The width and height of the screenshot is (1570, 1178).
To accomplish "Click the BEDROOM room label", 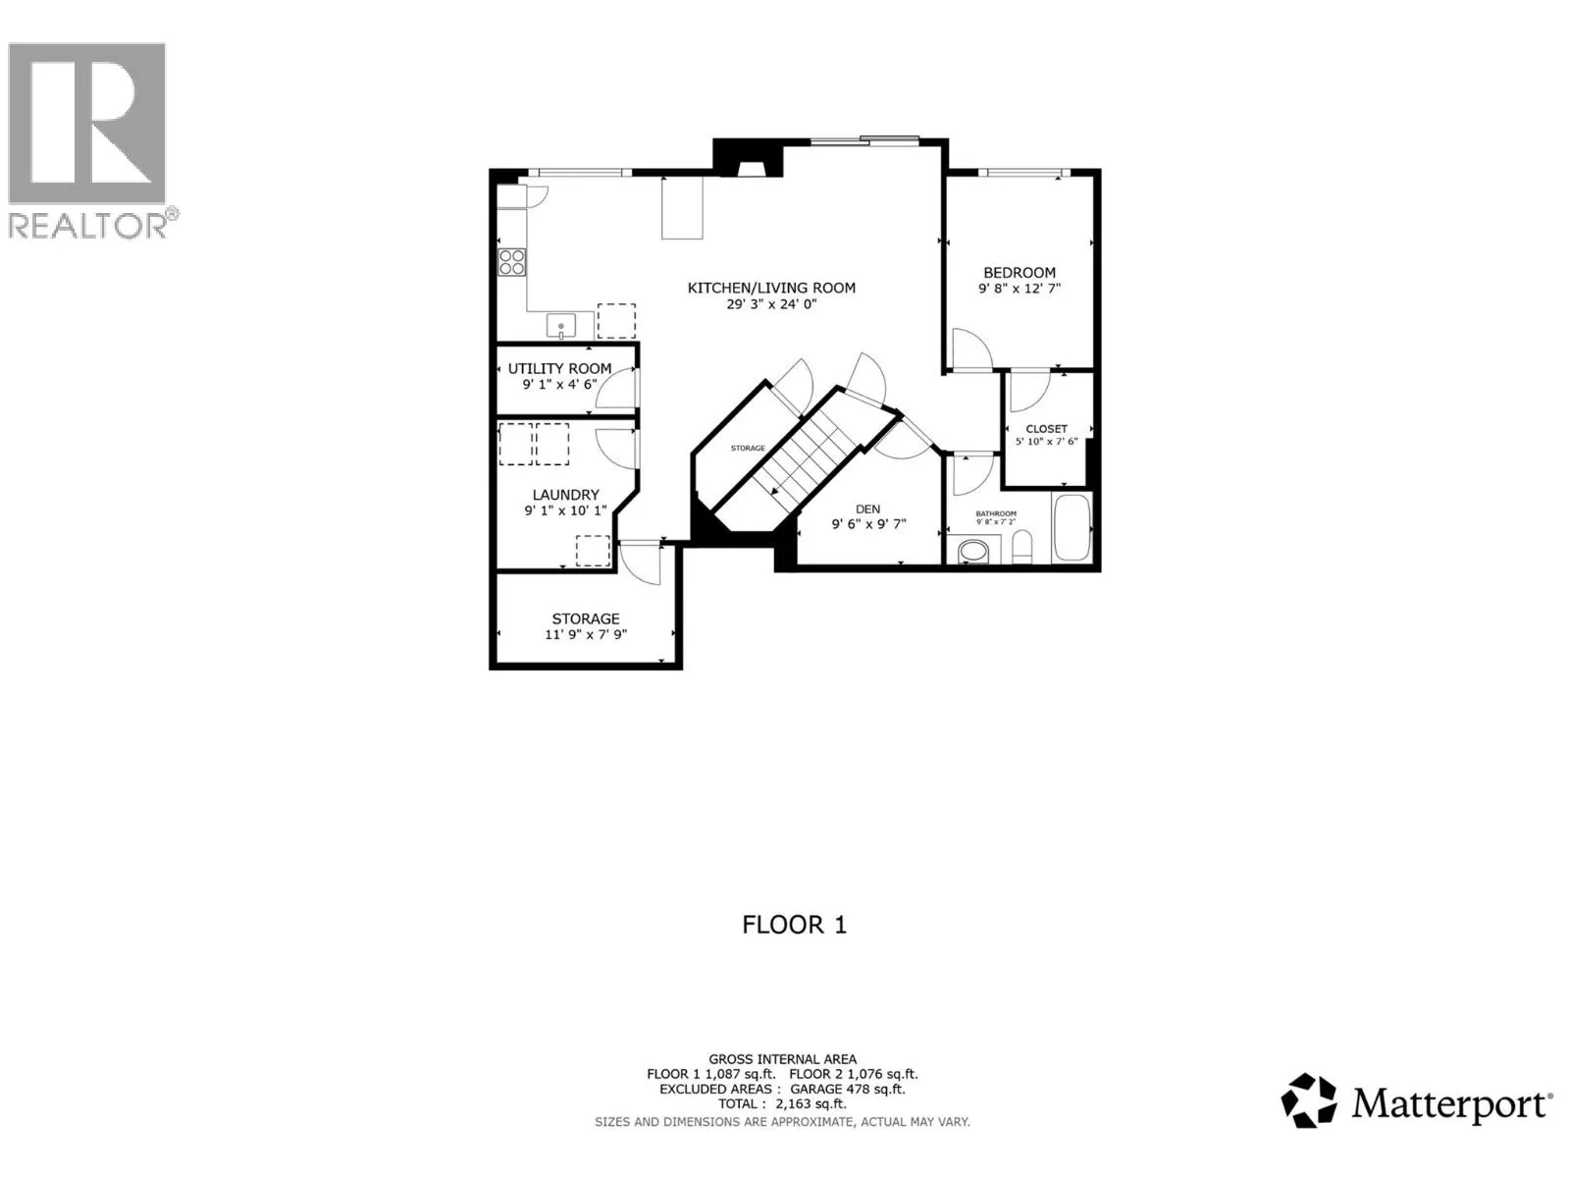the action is pyautogui.click(x=1019, y=273).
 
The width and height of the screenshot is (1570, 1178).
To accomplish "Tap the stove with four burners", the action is pyautogui.click(x=511, y=262).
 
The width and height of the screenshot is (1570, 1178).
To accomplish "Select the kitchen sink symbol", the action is pyautogui.click(x=560, y=326).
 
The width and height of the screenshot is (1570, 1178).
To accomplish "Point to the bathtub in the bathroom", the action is pyautogui.click(x=1072, y=528).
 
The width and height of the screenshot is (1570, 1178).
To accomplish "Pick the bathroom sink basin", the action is pyautogui.click(x=972, y=552).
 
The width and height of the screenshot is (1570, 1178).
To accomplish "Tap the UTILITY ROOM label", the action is pyautogui.click(x=559, y=368).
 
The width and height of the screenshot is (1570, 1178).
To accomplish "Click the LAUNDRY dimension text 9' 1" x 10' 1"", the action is pyautogui.click(x=565, y=510).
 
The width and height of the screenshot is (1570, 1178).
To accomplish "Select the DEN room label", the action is pyautogui.click(x=867, y=509).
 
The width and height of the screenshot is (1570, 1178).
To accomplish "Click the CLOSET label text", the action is pyautogui.click(x=1046, y=429).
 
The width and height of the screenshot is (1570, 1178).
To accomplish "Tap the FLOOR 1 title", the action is pyautogui.click(x=794, y=925).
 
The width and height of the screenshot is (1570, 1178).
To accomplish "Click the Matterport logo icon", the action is pyautogui.click(x=1308, y=1100).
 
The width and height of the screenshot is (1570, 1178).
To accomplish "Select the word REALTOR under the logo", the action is pyautogui.click(x=86, y=226).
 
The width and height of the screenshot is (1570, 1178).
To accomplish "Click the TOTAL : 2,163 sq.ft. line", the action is pyautogui.click(x=782, y=1103).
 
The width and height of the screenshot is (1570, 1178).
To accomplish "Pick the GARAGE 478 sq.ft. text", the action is pyautogui.click(x=848, y=1090).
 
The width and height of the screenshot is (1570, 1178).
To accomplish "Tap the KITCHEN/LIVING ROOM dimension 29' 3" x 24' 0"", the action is pyautogui.click(x=771, y=304).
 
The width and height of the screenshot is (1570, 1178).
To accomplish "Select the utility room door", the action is pyautogui.click(x=616, y=389).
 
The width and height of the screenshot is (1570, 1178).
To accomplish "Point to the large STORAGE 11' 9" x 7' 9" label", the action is pyautogui.click(x=586, y=626).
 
